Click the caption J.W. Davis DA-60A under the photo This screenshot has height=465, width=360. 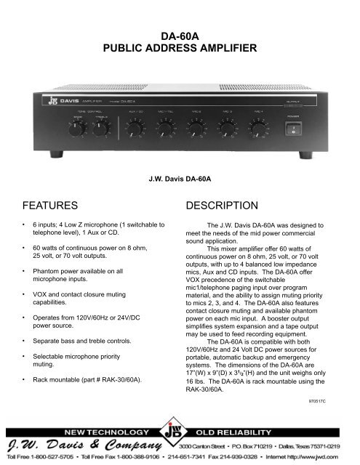(180, 175)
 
